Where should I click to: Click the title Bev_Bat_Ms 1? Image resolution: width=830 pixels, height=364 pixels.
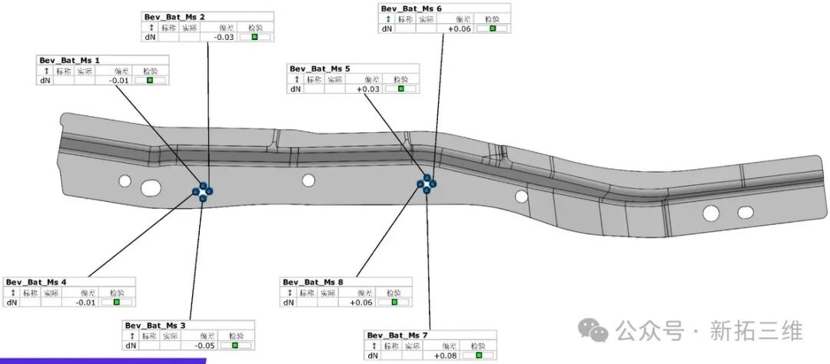click(x=69, y=60)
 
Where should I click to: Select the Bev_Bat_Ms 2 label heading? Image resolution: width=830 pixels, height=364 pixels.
click(x=174, y=16)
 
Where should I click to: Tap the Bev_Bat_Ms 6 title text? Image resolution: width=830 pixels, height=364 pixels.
click(x=411, y=8)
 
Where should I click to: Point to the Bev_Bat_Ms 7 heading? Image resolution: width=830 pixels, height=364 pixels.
click(x=397, y=336)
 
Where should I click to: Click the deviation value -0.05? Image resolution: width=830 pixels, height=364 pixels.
click(x=204, y=346)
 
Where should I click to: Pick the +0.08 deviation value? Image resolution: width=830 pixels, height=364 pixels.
click(x=446, y=356)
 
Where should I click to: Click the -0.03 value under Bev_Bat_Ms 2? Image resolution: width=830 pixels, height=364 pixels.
click(x=224, y=36)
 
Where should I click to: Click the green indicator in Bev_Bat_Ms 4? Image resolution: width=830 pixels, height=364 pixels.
click(x=117, y=303)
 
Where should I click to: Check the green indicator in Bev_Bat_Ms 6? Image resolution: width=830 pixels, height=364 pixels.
click(x=493, y=28)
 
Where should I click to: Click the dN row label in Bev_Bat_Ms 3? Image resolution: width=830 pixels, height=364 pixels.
click(x=131, y=346)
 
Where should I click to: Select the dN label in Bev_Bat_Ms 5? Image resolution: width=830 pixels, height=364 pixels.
click(x=296, y=89)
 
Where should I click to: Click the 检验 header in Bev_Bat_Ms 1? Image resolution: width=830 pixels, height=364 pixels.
click(x=150, y=70)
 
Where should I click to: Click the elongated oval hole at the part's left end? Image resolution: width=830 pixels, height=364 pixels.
click(x=151, y=187)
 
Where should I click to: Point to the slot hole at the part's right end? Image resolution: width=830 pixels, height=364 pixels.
click(x=745, y=211)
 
